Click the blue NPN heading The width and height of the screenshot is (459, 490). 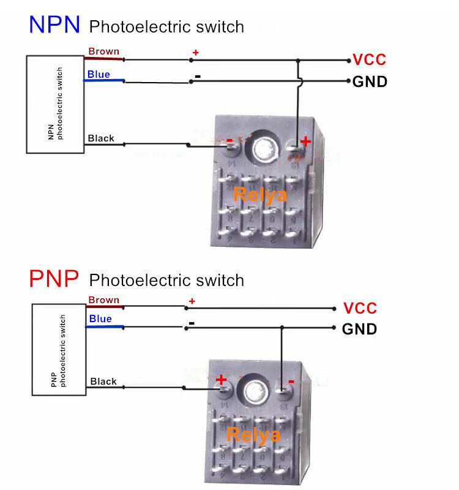(x=54, y=24)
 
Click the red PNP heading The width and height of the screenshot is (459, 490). (x=54, y=279)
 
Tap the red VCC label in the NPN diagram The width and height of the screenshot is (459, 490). (x=370, y=60)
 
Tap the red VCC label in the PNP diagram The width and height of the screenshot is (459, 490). (x=360, y=308)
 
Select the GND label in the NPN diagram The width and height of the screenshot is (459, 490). (x=370, y=81)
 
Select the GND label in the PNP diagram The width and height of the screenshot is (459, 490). (x=359, y=330)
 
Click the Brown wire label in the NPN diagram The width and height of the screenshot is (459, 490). (x=103, y=51)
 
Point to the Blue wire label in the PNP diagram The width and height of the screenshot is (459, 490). (x=100, y=318)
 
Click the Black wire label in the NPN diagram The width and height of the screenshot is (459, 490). (x=101, y=138)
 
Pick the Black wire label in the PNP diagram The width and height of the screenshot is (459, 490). (x=103, y=382)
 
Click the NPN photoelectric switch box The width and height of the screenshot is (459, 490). (x=55, y=104)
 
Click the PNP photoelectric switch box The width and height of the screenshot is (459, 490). (x=59, y=349)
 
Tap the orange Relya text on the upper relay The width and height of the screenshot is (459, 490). (x=260, y=195)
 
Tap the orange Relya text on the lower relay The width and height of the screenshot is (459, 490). (x=253, y=435)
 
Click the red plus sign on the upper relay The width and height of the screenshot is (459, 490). (x=305, y=142)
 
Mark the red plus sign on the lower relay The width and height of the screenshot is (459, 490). (x=221, y=380)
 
